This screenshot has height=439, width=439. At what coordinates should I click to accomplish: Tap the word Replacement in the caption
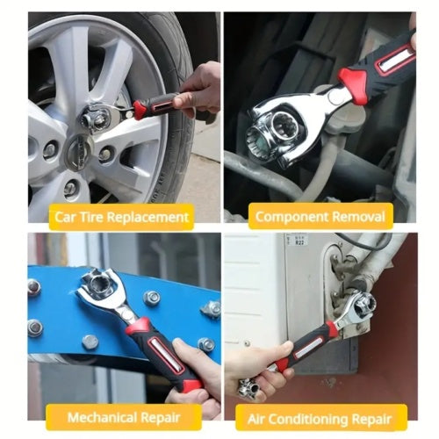[x=148, y=217]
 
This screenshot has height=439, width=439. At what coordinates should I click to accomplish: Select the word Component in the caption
[x=291, y=217]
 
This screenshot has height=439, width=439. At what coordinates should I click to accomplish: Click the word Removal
[x=358, y=217]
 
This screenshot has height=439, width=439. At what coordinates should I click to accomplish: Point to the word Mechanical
[x=102, y=417]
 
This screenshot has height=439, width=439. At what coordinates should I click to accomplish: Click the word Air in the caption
[x=255, y=419]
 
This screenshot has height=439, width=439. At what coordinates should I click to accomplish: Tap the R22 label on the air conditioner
[x=299, y=242]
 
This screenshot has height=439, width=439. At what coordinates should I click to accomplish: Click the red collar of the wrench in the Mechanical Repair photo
[x=137, y=326]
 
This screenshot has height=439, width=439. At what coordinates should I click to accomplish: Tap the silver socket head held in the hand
[x=249, y=389]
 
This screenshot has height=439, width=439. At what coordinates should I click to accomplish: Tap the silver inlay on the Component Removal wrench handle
[x=395, y=61]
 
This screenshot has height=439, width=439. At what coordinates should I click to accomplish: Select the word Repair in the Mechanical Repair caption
[x=161, y=418]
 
